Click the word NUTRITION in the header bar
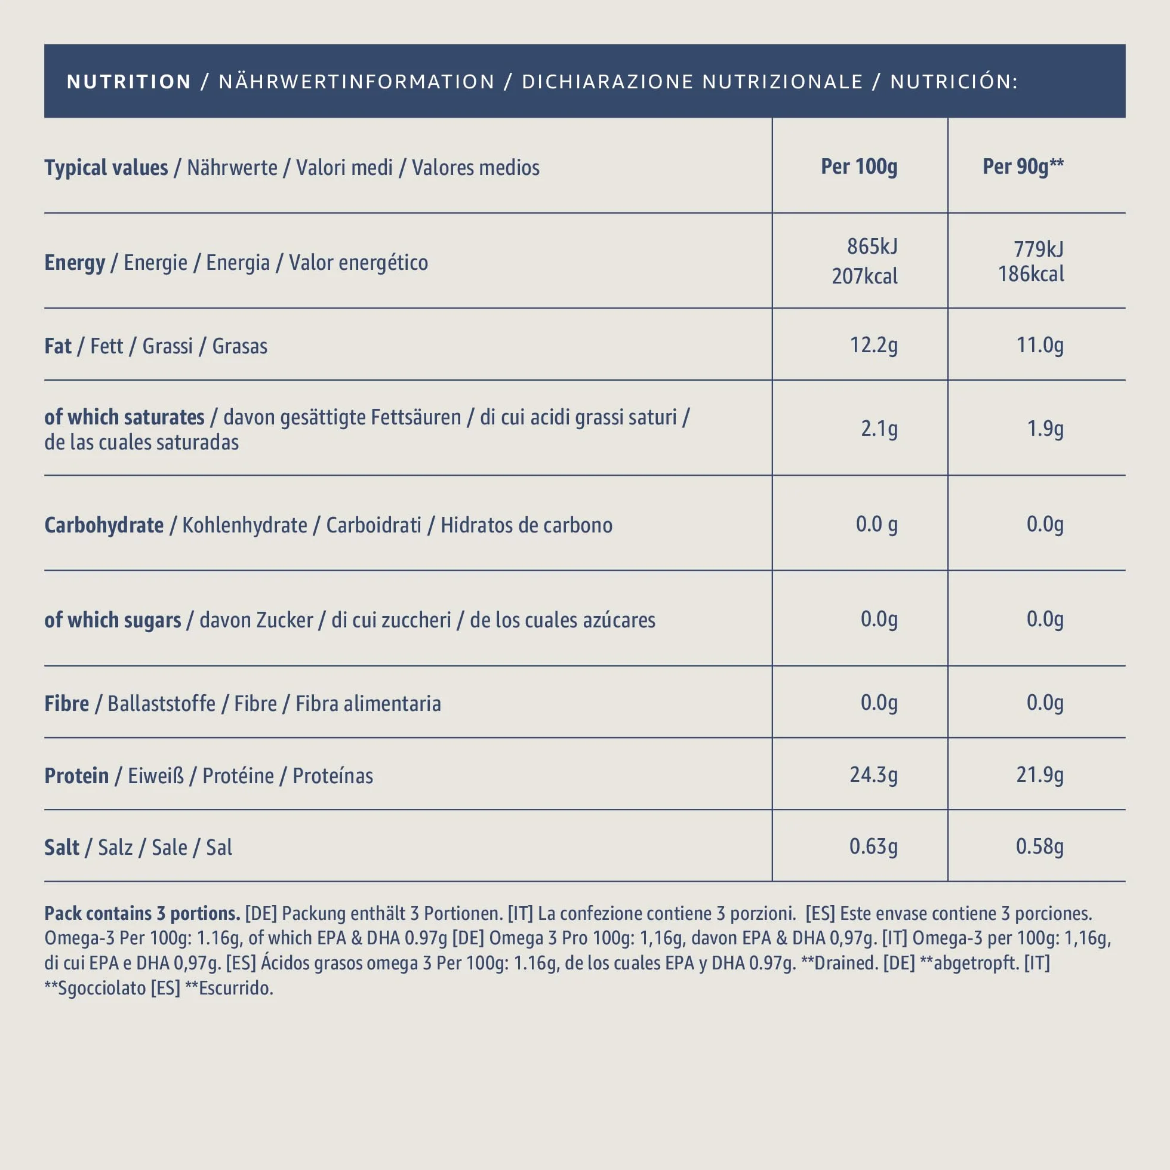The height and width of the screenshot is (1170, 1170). (x=129, y=82)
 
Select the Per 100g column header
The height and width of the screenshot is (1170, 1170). (x=859, y=167)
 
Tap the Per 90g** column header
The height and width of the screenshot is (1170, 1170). (x=1023, y=167)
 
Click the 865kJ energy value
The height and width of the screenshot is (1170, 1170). (x=872, y=247)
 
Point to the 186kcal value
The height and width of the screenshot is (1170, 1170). (x=1031, y=275)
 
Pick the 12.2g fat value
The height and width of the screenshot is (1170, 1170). (x=873, y=345)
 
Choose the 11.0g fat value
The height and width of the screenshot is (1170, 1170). (x=1040, y=345)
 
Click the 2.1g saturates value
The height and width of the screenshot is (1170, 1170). (x=879, y=429)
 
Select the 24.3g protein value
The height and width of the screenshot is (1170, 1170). (x=873, y=775)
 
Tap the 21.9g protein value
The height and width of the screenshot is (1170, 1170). (x=1040, y=775)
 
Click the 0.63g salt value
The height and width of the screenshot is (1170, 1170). (x=873, y=846)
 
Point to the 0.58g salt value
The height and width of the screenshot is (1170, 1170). (x=1040, y=846)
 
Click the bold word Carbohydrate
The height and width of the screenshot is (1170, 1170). (x=104, y=526)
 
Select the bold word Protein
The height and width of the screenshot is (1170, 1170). (x=76, y=776)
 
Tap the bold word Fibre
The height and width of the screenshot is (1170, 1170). (x=67, y=704)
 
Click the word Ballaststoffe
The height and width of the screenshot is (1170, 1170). (x=162, y=704)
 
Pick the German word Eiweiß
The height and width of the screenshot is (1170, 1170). (x=156, y=776)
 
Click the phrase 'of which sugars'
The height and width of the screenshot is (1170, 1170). (x=113, y=620)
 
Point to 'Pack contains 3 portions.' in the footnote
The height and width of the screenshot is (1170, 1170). (x=142, y=913)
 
